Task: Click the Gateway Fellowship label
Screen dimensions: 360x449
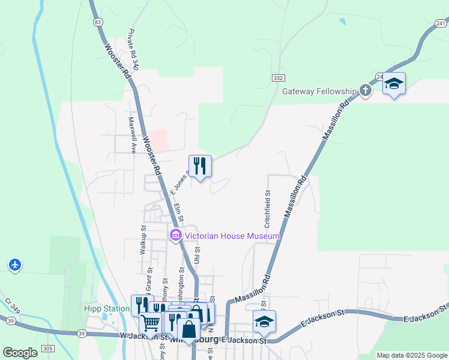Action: click(319, 91)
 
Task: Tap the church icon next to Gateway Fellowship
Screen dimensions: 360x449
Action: click(366, 91)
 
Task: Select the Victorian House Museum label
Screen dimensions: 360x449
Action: click(232, 236)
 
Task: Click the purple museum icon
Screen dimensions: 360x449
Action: click(176, 236)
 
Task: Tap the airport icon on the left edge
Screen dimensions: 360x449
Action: click(15, 264)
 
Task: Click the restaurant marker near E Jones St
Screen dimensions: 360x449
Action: click(200, 166)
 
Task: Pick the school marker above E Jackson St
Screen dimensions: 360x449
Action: click(264, 322)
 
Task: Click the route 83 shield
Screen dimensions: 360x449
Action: click(98, 22)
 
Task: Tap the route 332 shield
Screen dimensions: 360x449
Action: click(277, 78)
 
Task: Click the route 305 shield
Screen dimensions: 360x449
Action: click(49, 348)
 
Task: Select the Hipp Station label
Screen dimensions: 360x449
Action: click(107, 309)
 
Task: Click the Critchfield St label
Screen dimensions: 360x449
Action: click(268, 206)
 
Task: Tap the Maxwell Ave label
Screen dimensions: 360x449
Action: click(131, 135)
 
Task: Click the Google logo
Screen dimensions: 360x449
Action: click(20, 352)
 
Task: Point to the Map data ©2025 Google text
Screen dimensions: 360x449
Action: click(411, 355)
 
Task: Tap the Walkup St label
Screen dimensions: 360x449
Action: click(143, 241)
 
